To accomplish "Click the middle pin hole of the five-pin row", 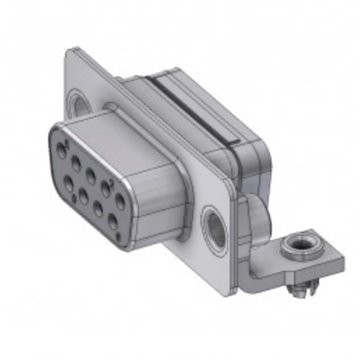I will tap(91, 176).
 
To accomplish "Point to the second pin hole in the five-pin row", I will tap(76, 164).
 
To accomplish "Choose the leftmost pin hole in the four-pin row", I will tap(69, 183).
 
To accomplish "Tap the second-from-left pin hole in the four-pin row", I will tap(84, 197).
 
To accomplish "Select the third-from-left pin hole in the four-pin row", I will tap(98, 209).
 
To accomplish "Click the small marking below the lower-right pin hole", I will tap(119, 237).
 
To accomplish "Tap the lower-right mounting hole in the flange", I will tap(215, 231).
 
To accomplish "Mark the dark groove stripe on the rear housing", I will tap(194, 108).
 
